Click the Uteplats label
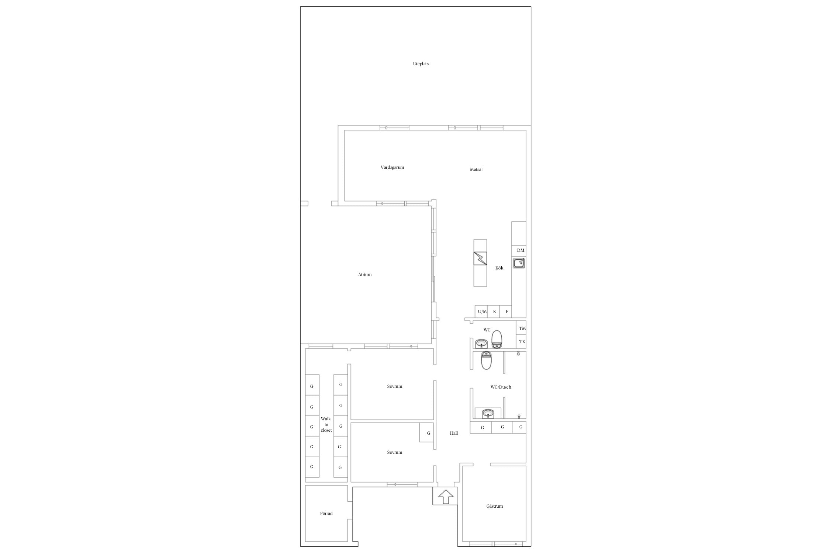click(421, 64)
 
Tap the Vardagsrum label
click(392, 167)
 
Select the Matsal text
click(476, 170)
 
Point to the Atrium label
click(365, 275)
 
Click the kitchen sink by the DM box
click(519, 263)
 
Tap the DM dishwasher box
click(519, 250)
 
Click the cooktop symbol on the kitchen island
click(480, 258)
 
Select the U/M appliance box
click(481, 312)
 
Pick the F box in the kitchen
click(506, 312)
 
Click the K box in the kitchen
click(494, 312)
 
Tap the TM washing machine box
click(521, 328)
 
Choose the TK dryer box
click(521, 342)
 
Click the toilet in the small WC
click(497, 339)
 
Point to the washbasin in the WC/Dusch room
click(488, 414)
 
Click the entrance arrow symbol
click(446, 497)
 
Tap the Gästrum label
click(494, 506)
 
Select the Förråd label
click(326, 514)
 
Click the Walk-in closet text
click(326, 424)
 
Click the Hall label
click(454, 433)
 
